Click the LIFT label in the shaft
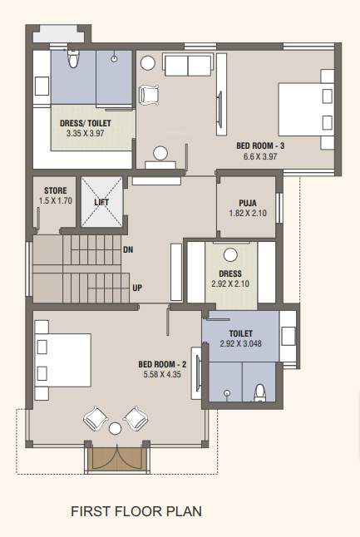pyautogui.click(x=101, y=202)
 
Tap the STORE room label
pyautogui.click(x=55, y=190)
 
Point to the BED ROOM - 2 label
pyautogui.click(x=162, y=364)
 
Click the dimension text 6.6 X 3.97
pyautogui.click(x=261, y=155)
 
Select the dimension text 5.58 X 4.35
pyautogui.click(x=162, y=375)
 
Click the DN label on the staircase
pyautogui.click(x=127, y=249)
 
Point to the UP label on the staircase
pyautogui.click(x=136, y=288)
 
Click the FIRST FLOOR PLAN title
pyautogui.click(x=136, y=511)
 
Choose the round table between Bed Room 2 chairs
pyautogui.click(x=116, y=428)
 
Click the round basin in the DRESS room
pyautogui.click(x=230, y=254)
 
